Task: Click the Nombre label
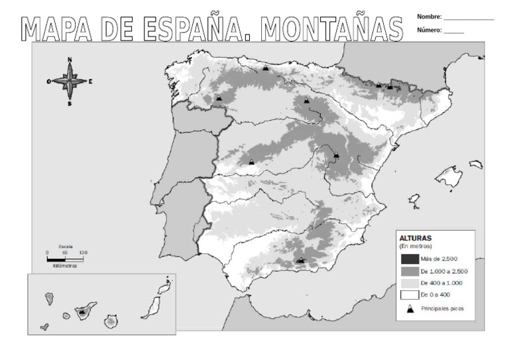coord(429,17)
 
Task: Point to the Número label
coord(429,30)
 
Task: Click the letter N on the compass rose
coord(70,60)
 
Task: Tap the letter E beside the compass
coord(90,82)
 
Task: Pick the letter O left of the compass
coord(48,82)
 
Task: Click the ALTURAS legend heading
coord(416,237)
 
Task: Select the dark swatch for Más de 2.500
coord(409,259)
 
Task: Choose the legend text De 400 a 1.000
coord(441,283)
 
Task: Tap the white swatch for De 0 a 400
coord(409,294)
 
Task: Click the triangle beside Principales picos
coord(410,309)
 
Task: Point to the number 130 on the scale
coord(83,253)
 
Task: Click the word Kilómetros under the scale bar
coord(65,266)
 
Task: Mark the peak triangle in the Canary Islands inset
coord(82,310)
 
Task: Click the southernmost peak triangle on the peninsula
coord(301,261)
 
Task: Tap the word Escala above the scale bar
coord(65,247)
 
